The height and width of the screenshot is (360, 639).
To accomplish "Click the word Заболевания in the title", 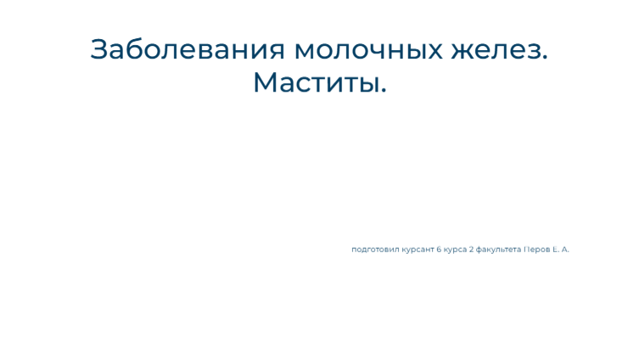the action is [x=188, y=49].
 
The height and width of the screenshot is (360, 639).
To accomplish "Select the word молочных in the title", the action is [x=368, y=51].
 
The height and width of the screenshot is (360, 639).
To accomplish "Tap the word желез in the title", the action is [x=496, y=51].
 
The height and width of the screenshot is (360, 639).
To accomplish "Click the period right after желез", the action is [x=545, y=58].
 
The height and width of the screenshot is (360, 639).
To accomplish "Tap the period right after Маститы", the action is [x=384, y=91].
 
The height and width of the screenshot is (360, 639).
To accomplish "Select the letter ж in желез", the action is [x=463, y=52].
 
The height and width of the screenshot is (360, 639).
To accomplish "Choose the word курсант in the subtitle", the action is [x=418, y=250].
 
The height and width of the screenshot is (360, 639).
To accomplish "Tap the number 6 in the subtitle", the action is [x=439, y=249].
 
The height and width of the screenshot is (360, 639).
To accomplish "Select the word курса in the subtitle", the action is [x=455, y=250].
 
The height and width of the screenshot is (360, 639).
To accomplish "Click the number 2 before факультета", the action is [x=471, y=249].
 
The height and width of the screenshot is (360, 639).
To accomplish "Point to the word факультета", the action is [x=498, y=250].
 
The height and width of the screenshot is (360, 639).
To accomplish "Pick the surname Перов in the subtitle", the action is [x=536, y=250].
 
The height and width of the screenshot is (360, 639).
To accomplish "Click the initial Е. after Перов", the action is [x=556, y=249].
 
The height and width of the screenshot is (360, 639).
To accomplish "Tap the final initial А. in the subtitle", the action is [x=565, y=249].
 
